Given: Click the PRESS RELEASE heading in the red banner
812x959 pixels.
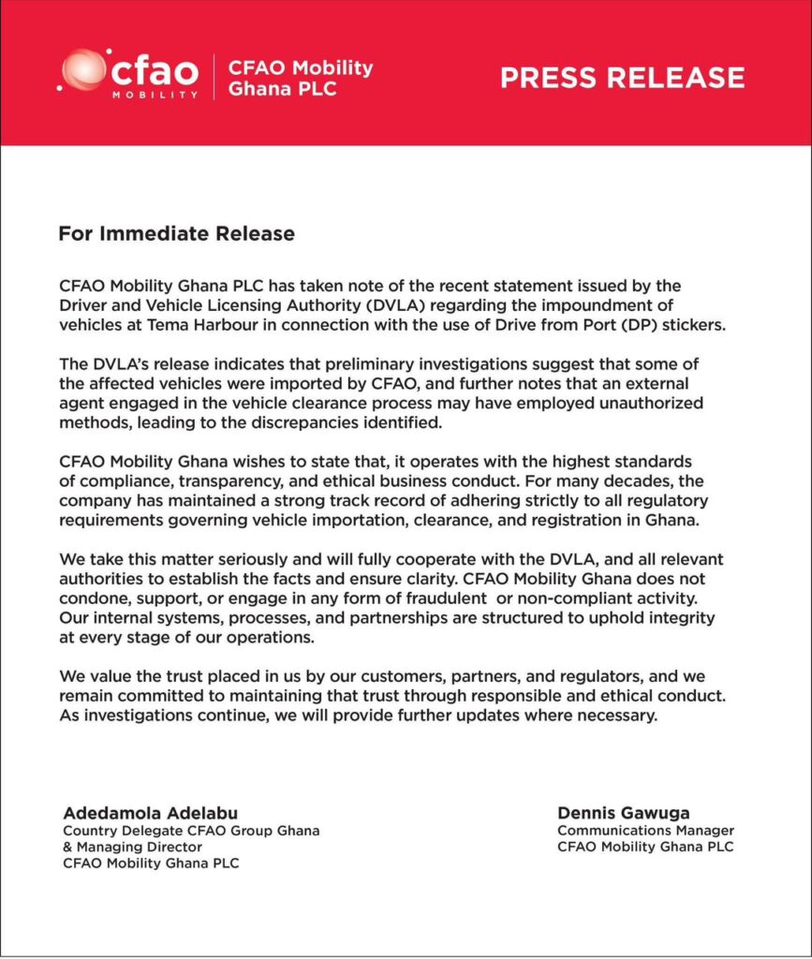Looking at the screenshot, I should coord(622,78).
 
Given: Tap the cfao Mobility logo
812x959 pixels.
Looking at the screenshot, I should coord(129,74).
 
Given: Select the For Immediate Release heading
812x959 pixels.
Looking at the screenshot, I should coord(176,233).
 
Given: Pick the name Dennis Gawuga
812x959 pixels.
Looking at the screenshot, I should coord(623,812).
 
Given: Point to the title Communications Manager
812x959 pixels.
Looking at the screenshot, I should coord(645,830).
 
